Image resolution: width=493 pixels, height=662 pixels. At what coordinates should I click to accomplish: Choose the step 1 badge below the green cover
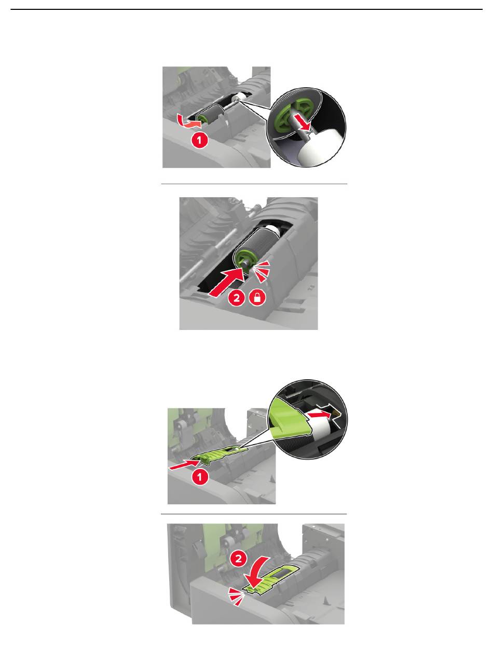coord(199,477)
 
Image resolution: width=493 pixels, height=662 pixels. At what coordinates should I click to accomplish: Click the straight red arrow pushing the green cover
coord(184,465)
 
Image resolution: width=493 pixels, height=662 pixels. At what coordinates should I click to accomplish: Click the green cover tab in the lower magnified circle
coord(288,419)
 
